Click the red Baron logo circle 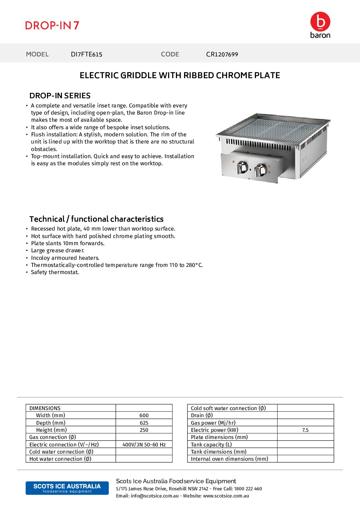(320, 22)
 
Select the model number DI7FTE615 (86, 54)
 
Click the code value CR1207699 (222, 54)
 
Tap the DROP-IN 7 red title (52, 26)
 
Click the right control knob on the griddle (261, 169)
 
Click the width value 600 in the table (144, 415)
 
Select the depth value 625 (144, 423)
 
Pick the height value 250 (144, 430)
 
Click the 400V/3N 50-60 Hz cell (144, 445)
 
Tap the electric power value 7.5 (305, 430)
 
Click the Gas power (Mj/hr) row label (213, 423)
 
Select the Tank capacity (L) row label (211, 445)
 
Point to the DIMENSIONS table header (45, 408)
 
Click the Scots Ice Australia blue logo (67, 488)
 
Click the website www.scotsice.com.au (226, 496)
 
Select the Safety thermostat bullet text (55, 272)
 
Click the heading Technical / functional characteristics (96, 219)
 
